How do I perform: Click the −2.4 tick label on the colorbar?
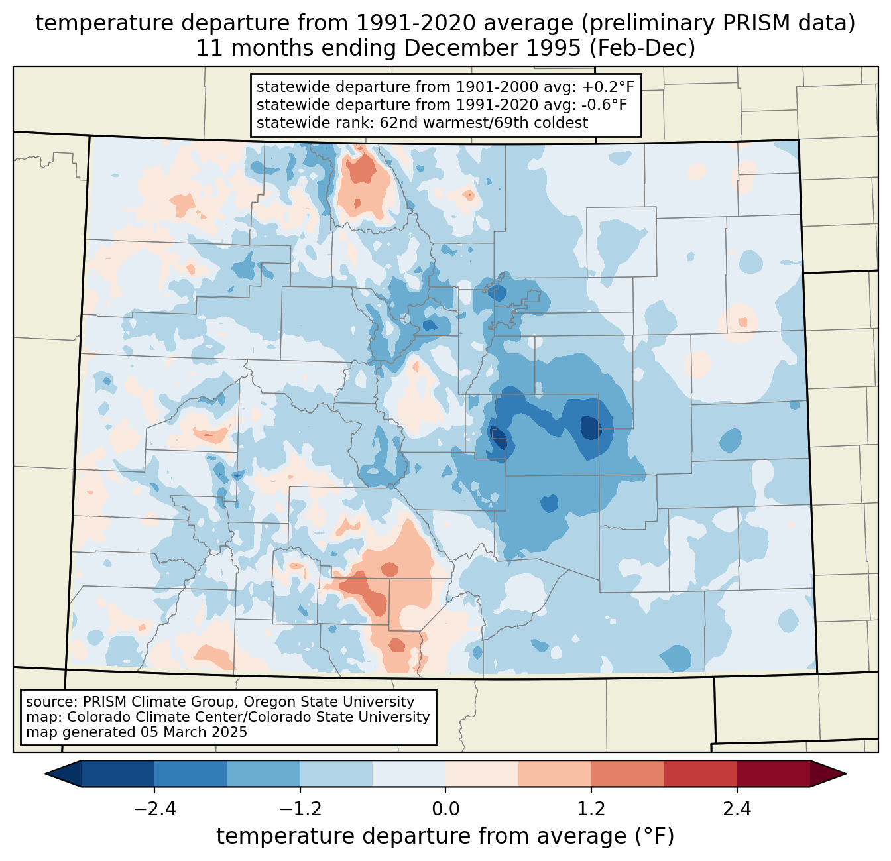[154, 809]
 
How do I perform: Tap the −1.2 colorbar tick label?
[300, 809]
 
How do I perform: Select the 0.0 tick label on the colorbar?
[445, 809]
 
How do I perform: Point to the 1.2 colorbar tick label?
[591, 809]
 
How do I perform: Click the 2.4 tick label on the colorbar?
[737, 809]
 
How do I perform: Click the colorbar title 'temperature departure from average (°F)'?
[445, 836]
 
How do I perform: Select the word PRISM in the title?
[756, 24]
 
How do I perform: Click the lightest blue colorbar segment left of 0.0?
[409, 774]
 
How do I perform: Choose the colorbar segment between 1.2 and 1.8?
[628, 774]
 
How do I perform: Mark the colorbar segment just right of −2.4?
[190, 774]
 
